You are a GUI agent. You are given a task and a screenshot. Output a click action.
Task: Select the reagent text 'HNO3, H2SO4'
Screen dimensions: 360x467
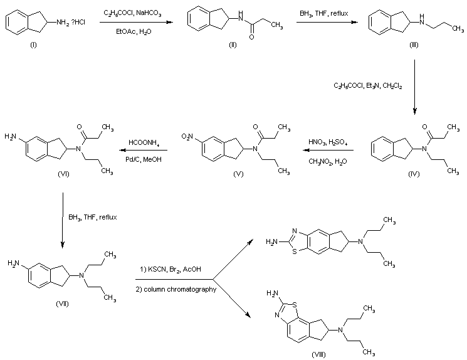click(x=326, y=142)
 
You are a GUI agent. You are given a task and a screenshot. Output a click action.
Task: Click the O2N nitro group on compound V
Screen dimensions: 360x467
click(x=193, y=135)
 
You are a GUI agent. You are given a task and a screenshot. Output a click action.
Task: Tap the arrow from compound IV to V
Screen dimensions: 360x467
click(x=327, y=151)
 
